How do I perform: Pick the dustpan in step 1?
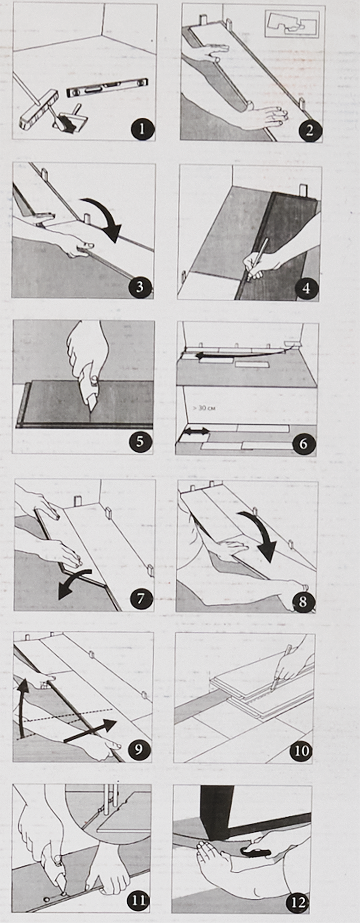click(67, 119)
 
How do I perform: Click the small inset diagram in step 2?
click(292, 24)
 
